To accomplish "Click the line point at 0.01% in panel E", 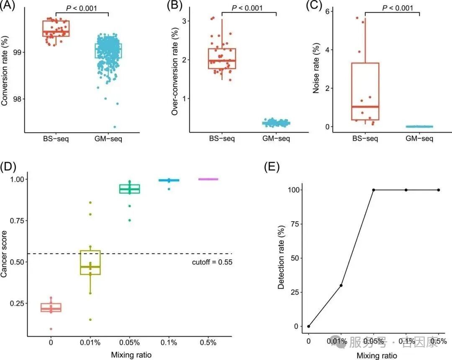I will [x=341, y=285].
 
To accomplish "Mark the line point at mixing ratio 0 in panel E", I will [x=308, y=326].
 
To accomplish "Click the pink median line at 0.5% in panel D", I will [x=208, y=179].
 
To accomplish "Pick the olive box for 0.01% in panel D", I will [x=90, y=263].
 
